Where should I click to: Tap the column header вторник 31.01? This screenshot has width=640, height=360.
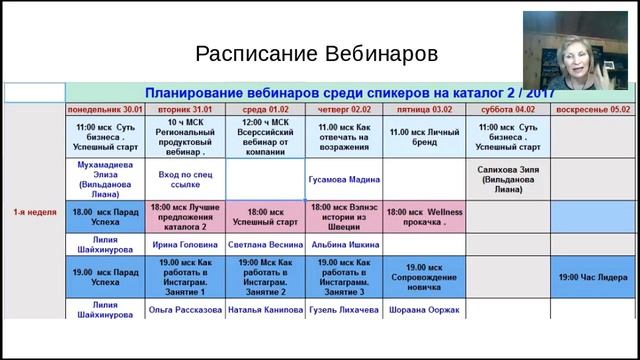[x=185, y=109]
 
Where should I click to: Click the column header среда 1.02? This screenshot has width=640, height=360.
[x=264, y=109]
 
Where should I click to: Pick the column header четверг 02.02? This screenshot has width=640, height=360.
[x=344, y=109]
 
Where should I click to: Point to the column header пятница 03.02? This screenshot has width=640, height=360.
[x=424, y=109]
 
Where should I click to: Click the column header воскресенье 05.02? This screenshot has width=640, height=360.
[x=593, y=109]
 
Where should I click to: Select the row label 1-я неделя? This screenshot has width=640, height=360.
[x=34, y=213]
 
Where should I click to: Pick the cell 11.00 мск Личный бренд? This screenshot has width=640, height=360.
[x=424, y=134]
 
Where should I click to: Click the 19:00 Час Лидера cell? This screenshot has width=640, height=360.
[x=593, y=276]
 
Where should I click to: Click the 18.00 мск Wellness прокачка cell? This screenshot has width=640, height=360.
[x=424, y=215]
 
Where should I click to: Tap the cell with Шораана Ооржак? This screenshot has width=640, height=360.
[x=424, y=311]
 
